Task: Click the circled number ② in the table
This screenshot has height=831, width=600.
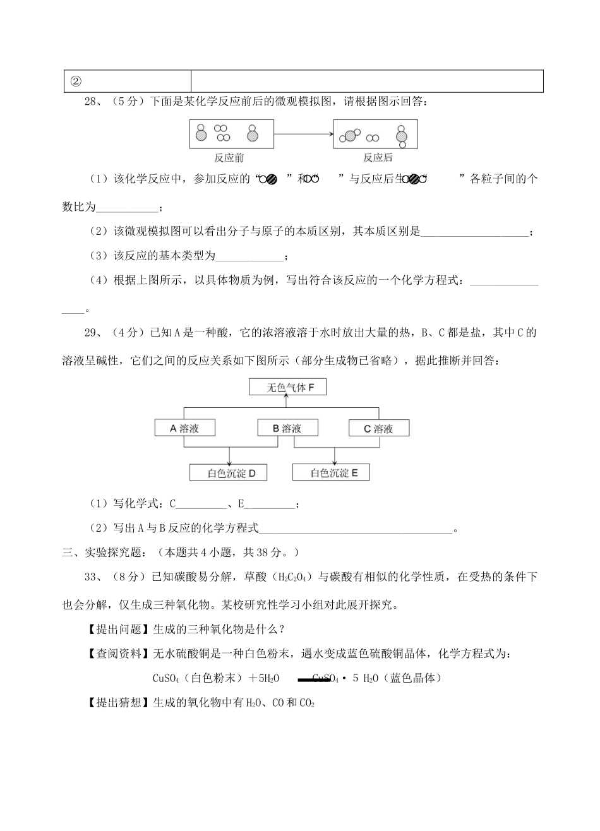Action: click(75, 81)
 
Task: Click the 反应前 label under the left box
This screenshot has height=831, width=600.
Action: click(229, 158)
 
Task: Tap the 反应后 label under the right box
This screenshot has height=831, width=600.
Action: click(378, 158)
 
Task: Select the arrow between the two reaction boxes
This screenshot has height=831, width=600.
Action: click(304, 133)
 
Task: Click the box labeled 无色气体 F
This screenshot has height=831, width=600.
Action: click(287, 387)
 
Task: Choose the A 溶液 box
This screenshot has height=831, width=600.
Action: click(184, 428)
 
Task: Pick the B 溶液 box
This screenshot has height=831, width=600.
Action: click(287, 428)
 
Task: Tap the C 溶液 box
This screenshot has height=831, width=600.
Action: click(379, 428)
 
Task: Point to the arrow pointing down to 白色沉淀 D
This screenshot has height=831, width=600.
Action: click(229, 457)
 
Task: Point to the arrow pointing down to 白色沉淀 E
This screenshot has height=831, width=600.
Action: click(333, 457)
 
